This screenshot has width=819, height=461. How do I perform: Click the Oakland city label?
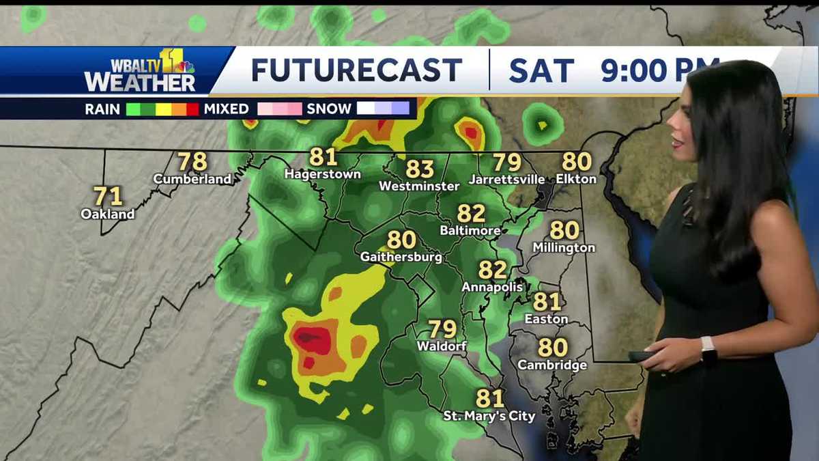[x=108, y=214]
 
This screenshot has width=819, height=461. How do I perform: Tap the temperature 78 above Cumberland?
[x=192, y=162]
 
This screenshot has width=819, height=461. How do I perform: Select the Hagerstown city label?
[x=322, y=174]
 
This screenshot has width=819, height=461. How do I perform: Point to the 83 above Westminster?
[x=420, y=169]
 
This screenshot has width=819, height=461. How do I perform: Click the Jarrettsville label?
[x=506, y=180]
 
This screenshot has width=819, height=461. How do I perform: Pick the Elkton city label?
[x=576, y=179]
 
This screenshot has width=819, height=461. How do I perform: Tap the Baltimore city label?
[x=470, y=231]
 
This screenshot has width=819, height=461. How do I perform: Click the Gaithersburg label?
[x=401, y=257]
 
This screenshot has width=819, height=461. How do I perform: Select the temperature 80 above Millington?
[x=564, y=230]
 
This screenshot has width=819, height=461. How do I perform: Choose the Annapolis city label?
[x=492, y=287]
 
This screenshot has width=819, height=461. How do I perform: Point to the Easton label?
[x=546, y=319]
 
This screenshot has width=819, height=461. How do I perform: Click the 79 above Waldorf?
[x=442, y=329]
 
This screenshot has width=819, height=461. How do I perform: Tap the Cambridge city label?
[x=552, y=365]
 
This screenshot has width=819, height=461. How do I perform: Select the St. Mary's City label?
[x=489, y=415]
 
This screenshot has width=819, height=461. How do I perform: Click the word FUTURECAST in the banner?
[x=356, y=70]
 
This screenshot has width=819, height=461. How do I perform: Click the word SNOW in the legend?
[x=329, y=109]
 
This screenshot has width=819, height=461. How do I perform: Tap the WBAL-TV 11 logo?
[x=140, y=70]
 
